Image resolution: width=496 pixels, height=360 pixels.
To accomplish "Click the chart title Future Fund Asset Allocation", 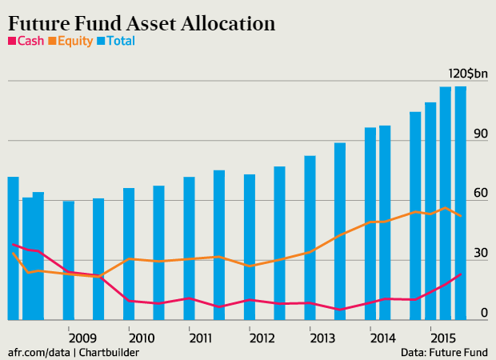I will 142,22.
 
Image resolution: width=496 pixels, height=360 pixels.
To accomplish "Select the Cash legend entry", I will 26,41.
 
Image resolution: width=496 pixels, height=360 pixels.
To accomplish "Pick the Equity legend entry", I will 73,41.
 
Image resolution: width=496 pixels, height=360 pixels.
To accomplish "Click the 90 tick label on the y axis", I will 480,134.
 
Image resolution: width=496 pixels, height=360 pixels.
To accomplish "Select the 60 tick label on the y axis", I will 480,194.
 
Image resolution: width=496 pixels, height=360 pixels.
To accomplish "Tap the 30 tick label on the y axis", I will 480,253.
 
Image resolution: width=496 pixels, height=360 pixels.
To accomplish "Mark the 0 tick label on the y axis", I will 484,313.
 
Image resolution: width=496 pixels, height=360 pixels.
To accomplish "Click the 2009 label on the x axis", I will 82,338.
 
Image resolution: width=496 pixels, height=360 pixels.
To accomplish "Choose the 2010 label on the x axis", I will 142,338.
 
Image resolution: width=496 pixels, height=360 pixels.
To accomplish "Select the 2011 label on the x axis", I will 202,338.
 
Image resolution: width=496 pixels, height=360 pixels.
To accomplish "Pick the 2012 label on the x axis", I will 262,338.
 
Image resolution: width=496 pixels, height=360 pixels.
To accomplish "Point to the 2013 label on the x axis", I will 322,338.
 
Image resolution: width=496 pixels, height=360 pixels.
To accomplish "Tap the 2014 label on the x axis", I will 382,338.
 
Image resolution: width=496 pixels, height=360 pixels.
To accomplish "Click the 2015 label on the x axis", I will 442,338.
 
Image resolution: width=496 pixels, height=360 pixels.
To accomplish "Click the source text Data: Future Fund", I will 445,352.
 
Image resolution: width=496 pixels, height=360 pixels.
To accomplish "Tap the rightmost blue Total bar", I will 461,203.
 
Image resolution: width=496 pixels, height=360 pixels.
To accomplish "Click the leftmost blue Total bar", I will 13,248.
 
